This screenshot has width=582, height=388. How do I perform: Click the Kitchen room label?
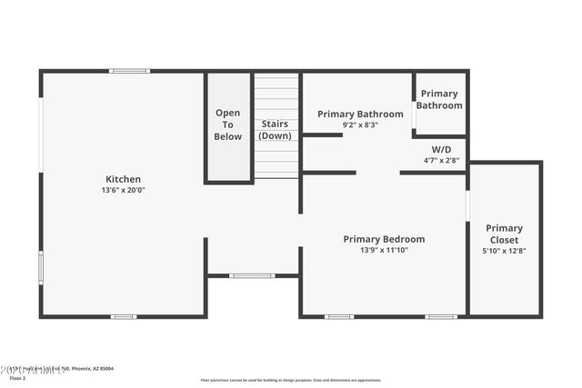(x=123, y=179)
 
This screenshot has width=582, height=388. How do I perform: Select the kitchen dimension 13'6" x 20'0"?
(x=123, y=191)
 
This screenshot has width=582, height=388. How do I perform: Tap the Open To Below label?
(x=228, y=124)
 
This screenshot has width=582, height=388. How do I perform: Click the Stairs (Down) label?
(x=276, y=129)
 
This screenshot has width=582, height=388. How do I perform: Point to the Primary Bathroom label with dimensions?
(x=360, y=114)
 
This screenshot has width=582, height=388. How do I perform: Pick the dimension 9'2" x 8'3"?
(x=360, y=124)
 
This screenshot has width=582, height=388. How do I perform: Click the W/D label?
(x=441, y=148)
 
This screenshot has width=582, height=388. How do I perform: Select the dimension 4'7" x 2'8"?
(x=441, y=160)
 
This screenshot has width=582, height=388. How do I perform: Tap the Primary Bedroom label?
(x=384, y=239)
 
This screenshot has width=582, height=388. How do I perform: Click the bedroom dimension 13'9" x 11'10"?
(x=384, y=250)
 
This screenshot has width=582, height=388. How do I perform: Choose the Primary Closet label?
(x=504, y=234)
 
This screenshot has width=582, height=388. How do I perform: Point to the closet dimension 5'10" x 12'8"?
(x=504, y=251)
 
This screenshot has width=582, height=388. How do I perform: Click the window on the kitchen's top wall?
(x=129, y=71)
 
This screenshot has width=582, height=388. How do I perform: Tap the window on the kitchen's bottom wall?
(x=124, y=316)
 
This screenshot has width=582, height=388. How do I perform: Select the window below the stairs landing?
(x=252, y=275)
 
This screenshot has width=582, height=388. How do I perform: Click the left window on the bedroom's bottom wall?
(x=339, y=316)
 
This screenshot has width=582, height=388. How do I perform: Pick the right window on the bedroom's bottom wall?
(x=441, y=316)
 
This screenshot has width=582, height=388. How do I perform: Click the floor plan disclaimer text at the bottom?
(x=291, y=380)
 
